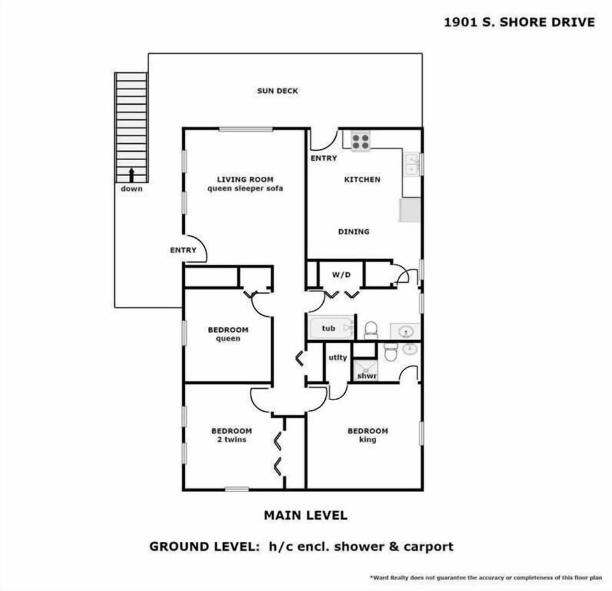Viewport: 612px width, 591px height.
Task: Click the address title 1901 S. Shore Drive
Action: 519,22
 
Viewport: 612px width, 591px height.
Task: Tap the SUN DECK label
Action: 277,91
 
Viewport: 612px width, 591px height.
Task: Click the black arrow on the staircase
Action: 131,174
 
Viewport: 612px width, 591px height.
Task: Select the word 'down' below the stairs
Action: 131,189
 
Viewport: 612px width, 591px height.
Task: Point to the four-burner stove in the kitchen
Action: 360,140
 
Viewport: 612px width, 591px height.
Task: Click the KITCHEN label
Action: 362,180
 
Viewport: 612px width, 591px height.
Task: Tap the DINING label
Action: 354,232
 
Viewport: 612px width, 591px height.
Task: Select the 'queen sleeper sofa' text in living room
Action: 245,189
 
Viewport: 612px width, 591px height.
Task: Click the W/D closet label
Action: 342,275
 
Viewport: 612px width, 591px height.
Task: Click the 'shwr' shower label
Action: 367,376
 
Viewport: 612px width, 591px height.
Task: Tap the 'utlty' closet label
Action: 338,357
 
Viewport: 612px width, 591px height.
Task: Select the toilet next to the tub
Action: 371,329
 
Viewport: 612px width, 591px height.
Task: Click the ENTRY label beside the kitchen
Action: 324,158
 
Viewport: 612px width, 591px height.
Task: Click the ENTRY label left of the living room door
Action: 183,250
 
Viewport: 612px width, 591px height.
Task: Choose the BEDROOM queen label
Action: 228,334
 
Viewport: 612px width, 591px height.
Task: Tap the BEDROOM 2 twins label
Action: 231,435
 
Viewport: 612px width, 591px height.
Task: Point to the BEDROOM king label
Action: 367,435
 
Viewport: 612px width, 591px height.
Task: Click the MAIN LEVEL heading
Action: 305,515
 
